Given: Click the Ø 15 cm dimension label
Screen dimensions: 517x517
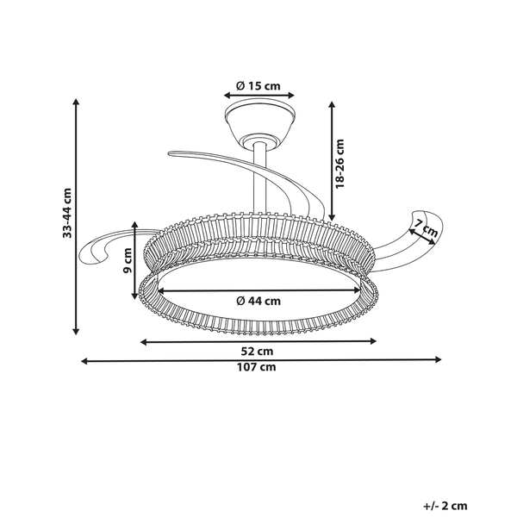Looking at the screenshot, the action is point(258,85).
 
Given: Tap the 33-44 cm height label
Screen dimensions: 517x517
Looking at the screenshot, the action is point(67,213).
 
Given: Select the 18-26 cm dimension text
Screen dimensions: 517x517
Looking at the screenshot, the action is point(339,164).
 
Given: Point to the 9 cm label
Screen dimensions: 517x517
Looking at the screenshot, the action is point(127,261).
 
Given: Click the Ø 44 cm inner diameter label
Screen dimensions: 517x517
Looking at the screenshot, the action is point(258,301).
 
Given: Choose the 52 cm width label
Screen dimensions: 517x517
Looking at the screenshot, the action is point(257,352).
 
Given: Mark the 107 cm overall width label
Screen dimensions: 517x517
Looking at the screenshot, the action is point(257,367).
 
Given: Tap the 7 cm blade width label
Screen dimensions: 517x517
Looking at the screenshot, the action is point(426,227).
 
